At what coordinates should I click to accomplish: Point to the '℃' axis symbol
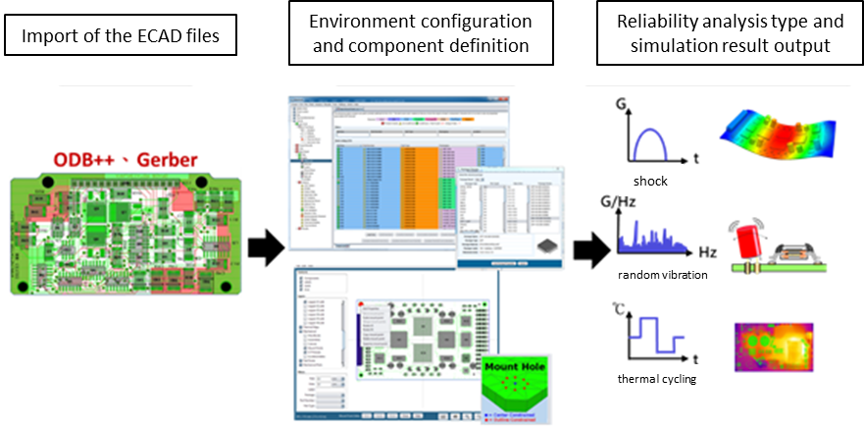click(622, 307)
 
